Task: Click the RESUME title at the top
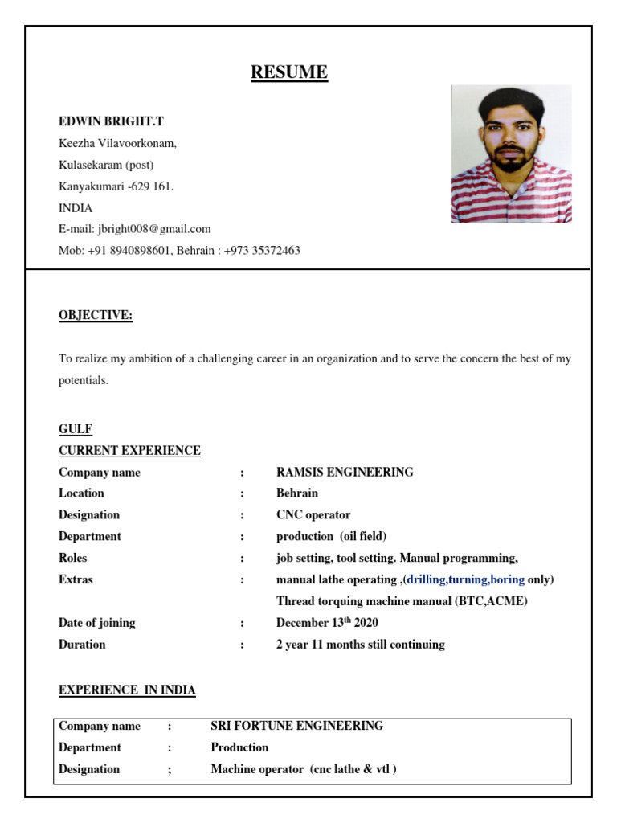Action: click(289, 72)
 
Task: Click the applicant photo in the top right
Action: click(511, 154)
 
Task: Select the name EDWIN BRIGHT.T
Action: click(111, 121)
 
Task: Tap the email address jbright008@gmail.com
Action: click(153, 229)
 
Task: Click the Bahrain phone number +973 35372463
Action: click(259, 251)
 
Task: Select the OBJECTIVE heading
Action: click(96, 316)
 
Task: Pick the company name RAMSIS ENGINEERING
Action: click(345, 473)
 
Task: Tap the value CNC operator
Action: click(313, 515)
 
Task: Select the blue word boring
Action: click(501, 579)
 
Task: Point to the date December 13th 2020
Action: click(327, 623)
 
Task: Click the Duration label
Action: click(82, 645)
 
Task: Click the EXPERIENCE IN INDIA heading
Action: click(127, 690)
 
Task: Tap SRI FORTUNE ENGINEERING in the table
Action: click(296, 726)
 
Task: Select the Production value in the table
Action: click(239, 747)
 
